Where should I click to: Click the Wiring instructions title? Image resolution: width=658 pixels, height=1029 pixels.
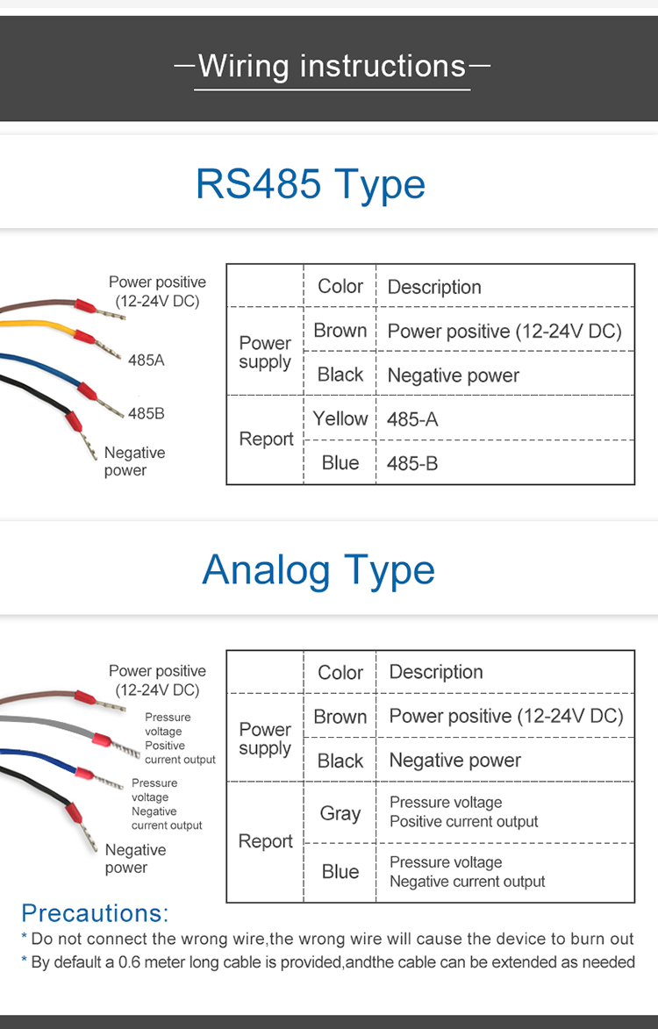pos(332,67)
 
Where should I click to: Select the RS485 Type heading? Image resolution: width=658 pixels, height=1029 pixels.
pos(311,183)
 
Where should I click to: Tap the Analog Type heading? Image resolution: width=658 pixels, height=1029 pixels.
pos(318,569)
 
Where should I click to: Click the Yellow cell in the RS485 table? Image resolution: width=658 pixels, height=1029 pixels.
pos(340,418)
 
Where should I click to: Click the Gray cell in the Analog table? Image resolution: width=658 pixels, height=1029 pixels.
pos(340,814)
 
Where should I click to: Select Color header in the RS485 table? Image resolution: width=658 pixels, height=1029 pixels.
pos(340,286)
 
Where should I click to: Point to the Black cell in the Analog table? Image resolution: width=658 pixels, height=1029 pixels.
pos(340,761)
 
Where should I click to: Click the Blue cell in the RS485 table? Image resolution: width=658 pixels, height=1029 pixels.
pos(340,462)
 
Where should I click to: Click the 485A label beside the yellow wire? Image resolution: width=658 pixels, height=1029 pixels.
pos(147,360)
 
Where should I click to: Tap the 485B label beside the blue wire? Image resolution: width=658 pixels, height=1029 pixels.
pos(147,413)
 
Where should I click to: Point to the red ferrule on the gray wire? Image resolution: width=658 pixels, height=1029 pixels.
pos(101,741)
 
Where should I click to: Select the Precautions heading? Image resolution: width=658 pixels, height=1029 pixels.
pos(95,913)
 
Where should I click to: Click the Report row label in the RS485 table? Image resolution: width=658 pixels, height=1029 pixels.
pos(266,439)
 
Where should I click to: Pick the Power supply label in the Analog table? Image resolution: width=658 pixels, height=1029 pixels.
pos(265,739)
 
